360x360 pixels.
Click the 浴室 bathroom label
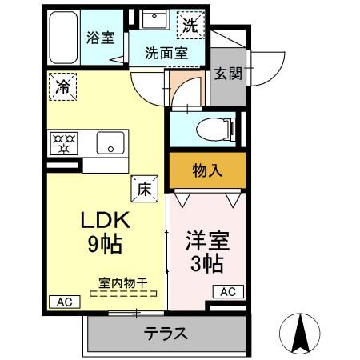[100, 37]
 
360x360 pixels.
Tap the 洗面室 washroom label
[166, 54]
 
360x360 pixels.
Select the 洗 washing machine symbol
[189, 25]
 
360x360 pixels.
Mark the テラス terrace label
[166, 334]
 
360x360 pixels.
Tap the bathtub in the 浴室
[63, 38]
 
